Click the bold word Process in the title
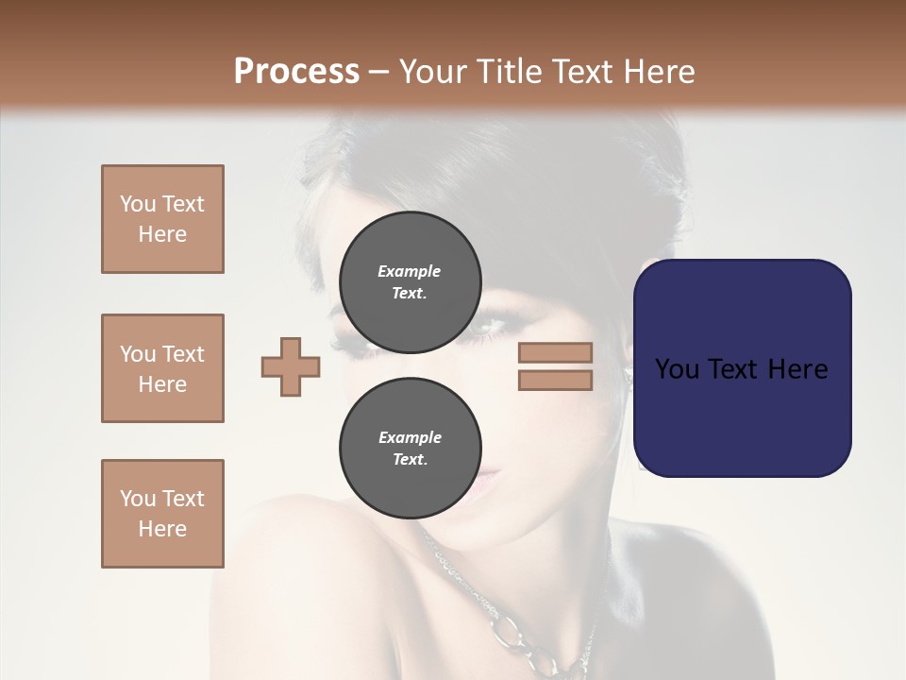click(x=296, y=72)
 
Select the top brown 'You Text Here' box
click(x=162, y=219)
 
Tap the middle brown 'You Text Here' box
click(x=162, y=368)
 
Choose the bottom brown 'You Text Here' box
click(x=162, y=514)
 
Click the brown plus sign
click(x=291, y=366)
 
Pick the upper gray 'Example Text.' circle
click(x=410, y=281)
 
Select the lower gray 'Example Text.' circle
click(x=410, y=448)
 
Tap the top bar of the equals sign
click(x=555, y=352)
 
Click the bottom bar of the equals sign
click(x=555, y=380)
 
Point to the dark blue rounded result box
click(x=742, y=368)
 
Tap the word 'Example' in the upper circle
click(x=410, y=271)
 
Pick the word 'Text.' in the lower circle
click(x=410, y=459)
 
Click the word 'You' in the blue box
click(x=676, y=368)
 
